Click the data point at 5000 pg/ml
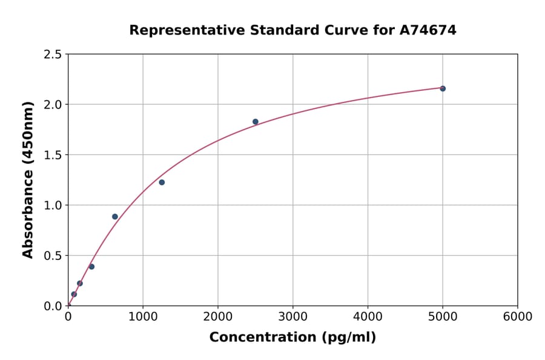click(x=443, y=88)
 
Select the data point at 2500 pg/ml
click(x=256, y=122)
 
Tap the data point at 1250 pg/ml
click(x=162, y=182)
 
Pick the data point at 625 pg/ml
click(x=115, y=216)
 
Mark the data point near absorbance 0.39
click(x=91, y=267)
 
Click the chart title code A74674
click(x=428, y=30)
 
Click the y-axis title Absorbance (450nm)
click(x=28, y=180)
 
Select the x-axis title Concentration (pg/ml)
click(x=292, y=338)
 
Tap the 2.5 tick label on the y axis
click(x=53, y=55)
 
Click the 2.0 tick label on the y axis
click(x=53, y=105)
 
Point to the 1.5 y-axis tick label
click(x=53, y=155)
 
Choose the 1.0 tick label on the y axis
click(x=53, y=205)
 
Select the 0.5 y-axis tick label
click(x=53, y=256)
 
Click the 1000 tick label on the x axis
click(x=143, y=317)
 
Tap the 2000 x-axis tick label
click(x=218, y=317)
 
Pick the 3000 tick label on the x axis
click(x=293, y=317)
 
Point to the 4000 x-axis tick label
click(x=368, y=317)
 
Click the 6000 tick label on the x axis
click(x=517, y=317)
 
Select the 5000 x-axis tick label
click(x=443, y=317)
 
